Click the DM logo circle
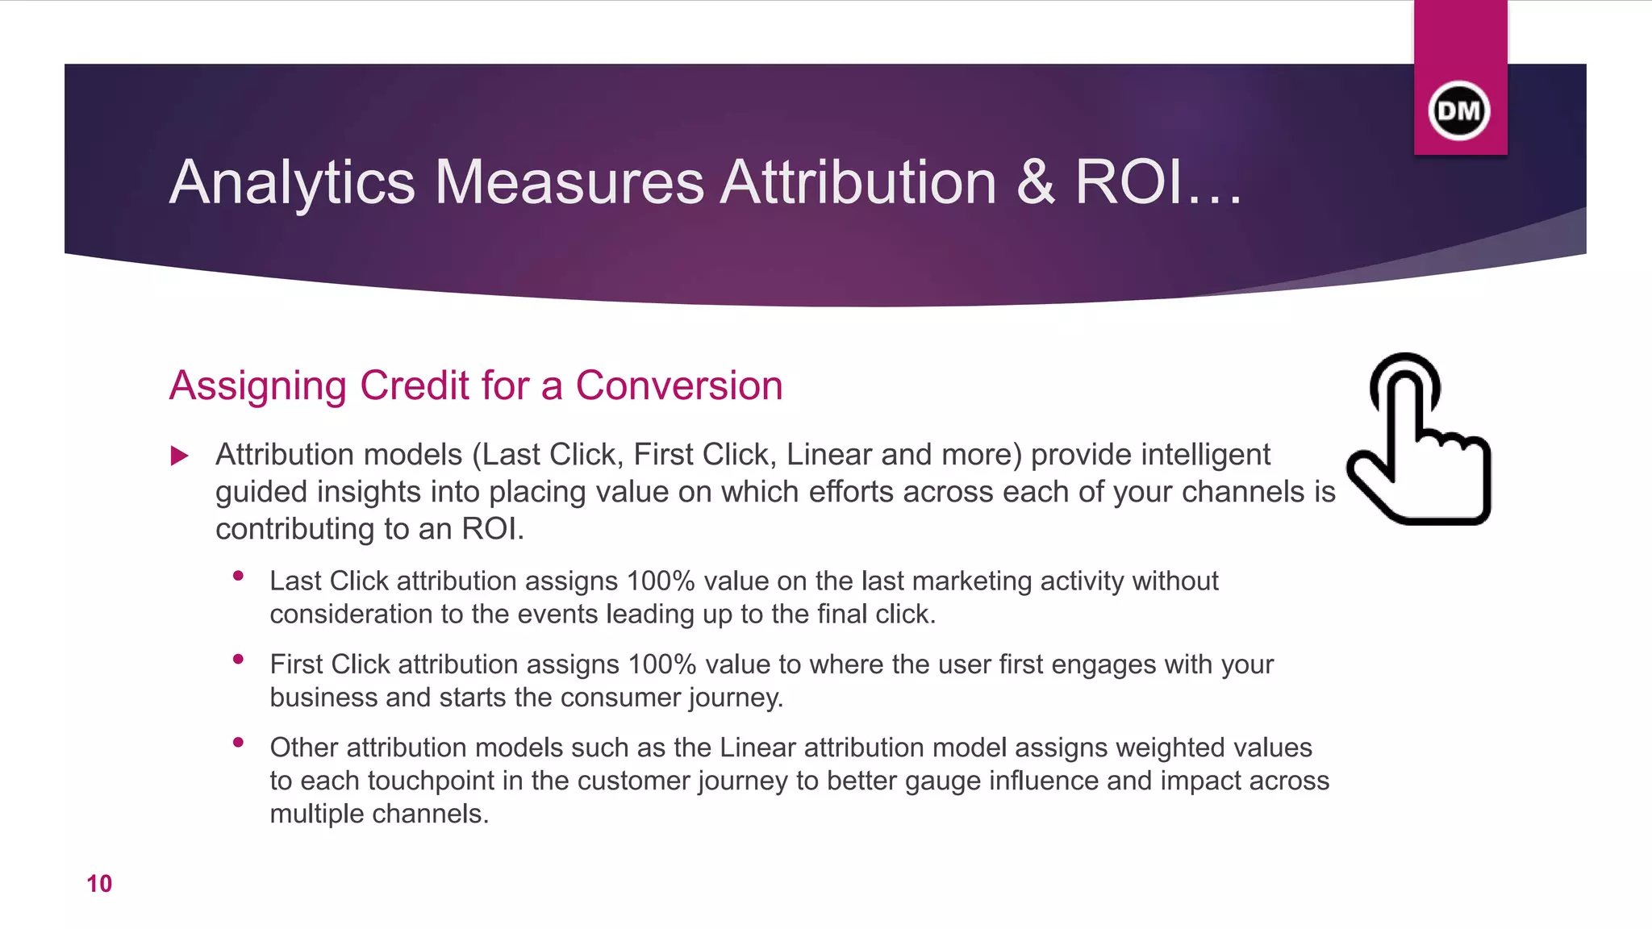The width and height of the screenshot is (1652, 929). [x=1459, y=110]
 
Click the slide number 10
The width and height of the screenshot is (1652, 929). [x=99, y=884]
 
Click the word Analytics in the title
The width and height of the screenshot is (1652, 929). [x=292, y=182]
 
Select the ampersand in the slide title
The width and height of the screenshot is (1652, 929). [x=1035, y=182]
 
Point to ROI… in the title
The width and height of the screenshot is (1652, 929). [x=1158, y=182]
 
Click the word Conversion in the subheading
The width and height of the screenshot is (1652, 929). [x=678, y=385]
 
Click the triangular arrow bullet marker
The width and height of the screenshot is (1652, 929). [x=180, y=456]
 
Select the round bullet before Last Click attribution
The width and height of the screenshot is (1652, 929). [x=238, y=576]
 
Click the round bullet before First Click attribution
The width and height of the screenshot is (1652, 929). [x=238, y=659]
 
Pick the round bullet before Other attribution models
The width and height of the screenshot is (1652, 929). [x=238, y=742]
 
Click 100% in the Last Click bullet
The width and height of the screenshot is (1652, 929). [x=660, y=581]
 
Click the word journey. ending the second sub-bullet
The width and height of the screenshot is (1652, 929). [x=736, y=698]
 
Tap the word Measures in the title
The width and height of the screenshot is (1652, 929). [x=569, y=182]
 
